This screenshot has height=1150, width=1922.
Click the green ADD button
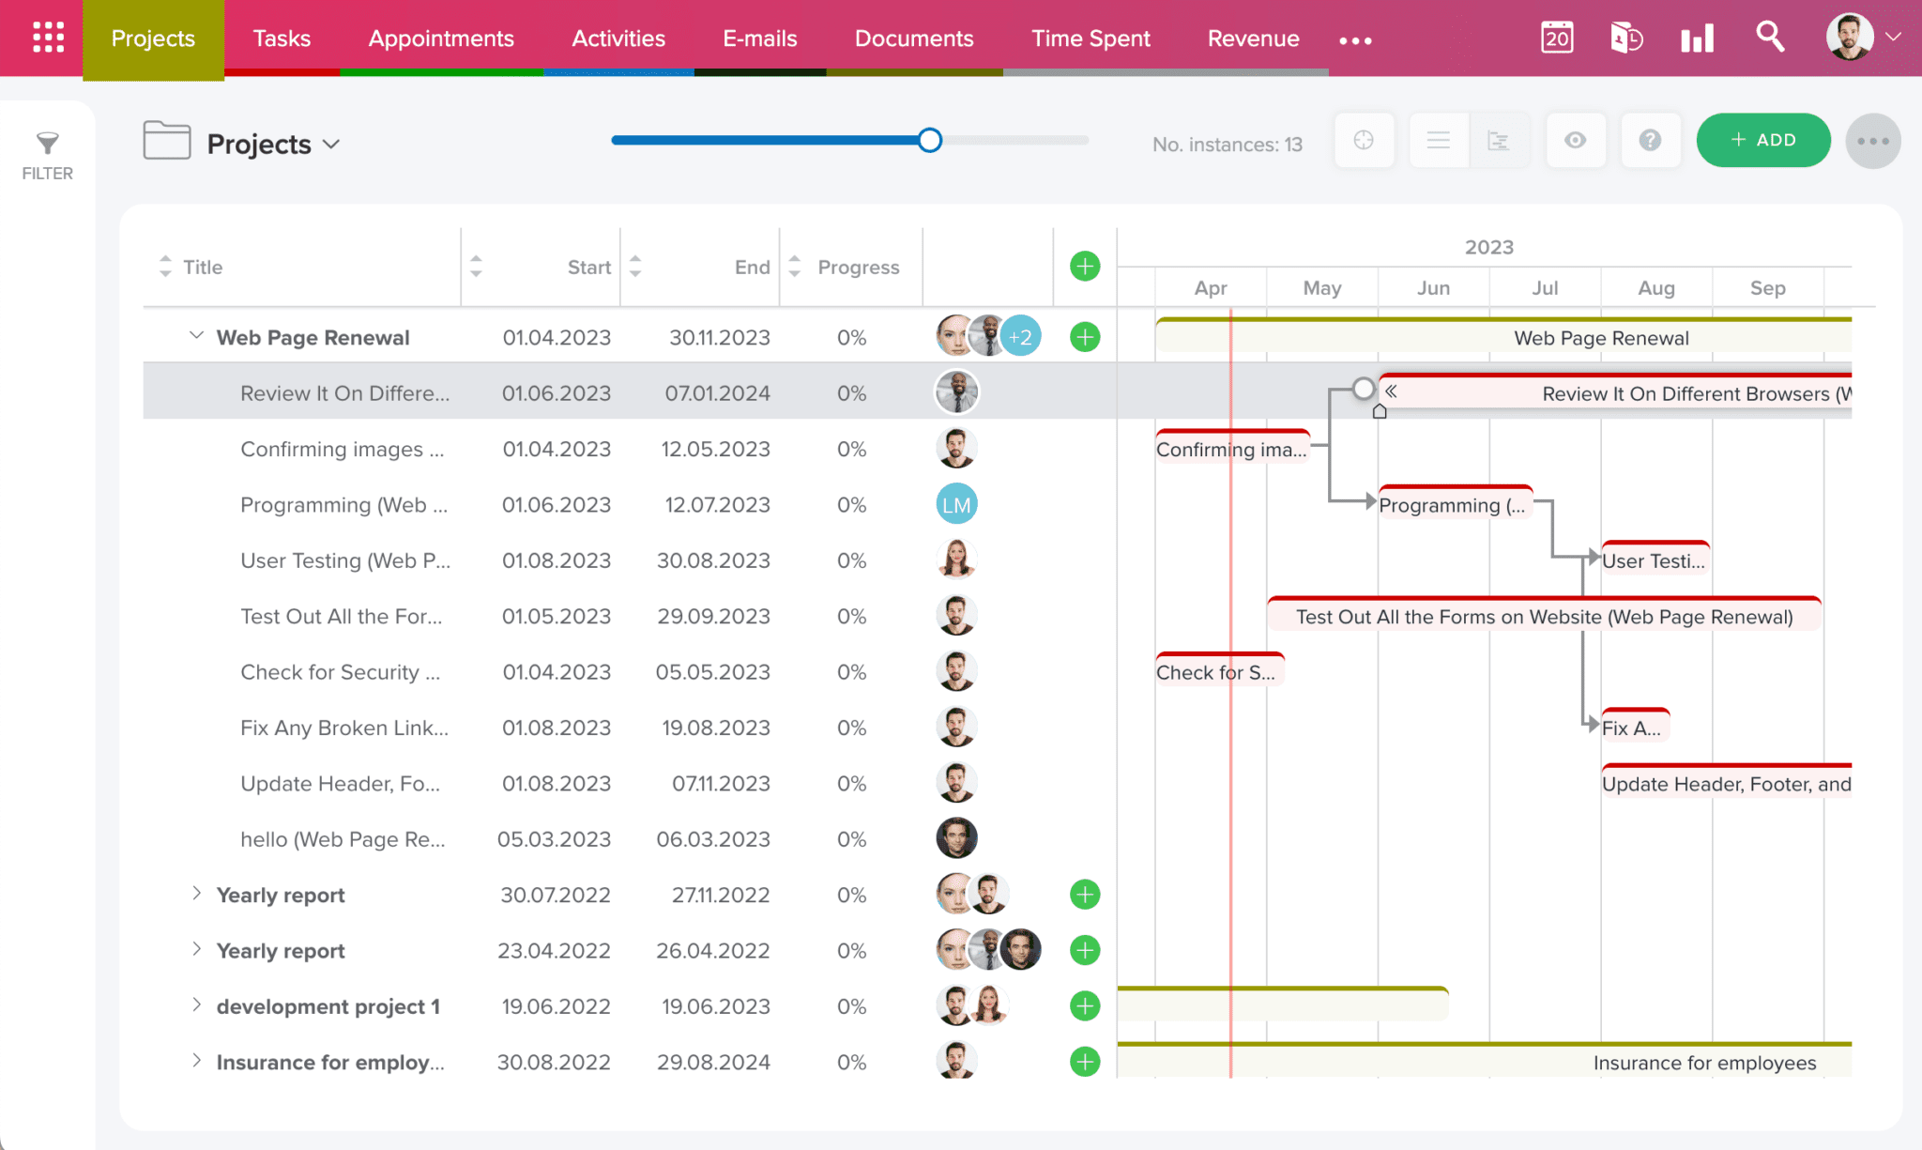[x=1762, y=140]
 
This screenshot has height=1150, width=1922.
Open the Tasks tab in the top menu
[x=282, y=38]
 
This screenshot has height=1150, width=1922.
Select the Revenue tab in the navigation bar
[x=1253, y=38]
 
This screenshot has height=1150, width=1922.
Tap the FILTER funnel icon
[x=47, y=144]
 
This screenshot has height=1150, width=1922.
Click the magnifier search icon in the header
[x=1770, y=38]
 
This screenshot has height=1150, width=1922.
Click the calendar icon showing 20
[x=1557, y=38]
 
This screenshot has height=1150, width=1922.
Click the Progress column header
[x=858, y=268]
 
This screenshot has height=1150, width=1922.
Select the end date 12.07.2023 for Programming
[x=717, y=505]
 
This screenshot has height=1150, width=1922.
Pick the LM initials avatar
[x=956, y=505]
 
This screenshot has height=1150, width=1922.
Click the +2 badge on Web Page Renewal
[x=1021, y=337]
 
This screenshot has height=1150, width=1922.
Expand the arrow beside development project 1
[x=196, y=1005]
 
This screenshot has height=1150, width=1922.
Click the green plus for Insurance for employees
[x=1085, y=1062]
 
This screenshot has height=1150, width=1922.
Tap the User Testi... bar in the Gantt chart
[x=1655, y=560]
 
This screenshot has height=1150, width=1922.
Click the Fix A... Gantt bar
[x=1634, y=728]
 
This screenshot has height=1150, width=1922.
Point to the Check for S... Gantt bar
[x=1218, y=672]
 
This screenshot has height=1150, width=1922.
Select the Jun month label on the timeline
[x=1433, y=288]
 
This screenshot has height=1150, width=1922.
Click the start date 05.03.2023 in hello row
[x=554, y=839]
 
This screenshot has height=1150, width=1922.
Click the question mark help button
[x=1650, y=141]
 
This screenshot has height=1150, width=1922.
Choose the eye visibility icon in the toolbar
[x=1576, y=141]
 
